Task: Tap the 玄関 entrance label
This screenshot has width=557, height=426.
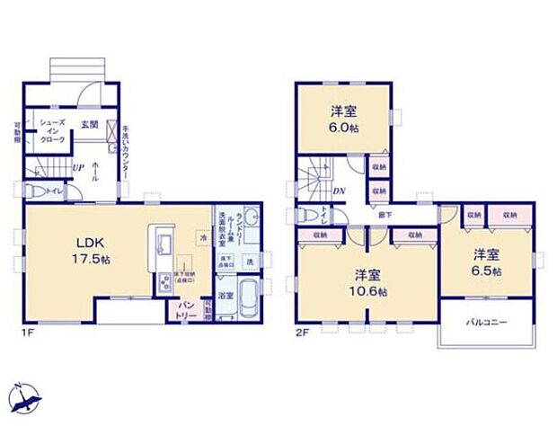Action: [90, 124]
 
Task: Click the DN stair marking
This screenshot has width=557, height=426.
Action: [340, 191]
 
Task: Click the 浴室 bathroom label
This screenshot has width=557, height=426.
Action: [225, 295]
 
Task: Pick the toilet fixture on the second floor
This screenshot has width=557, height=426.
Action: [304, 216]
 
